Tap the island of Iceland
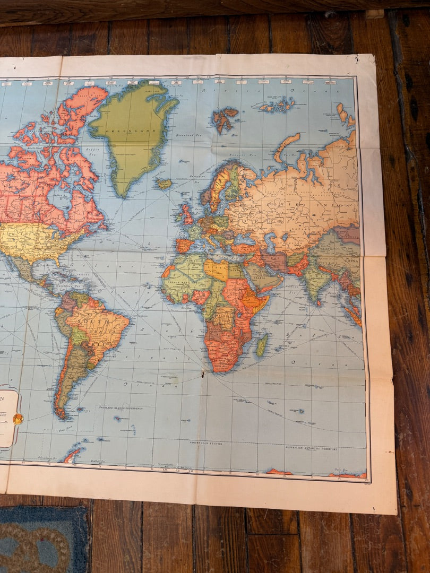click(164, 184)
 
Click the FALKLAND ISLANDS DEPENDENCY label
click(119, 408)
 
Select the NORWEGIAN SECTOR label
click(207, 442)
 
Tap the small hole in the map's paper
click(202, 375)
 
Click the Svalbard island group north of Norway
click(224, 118)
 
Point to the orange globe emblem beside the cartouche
click(18, 419)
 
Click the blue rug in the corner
click(42, 539)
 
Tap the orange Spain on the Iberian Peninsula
click(184, 246)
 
